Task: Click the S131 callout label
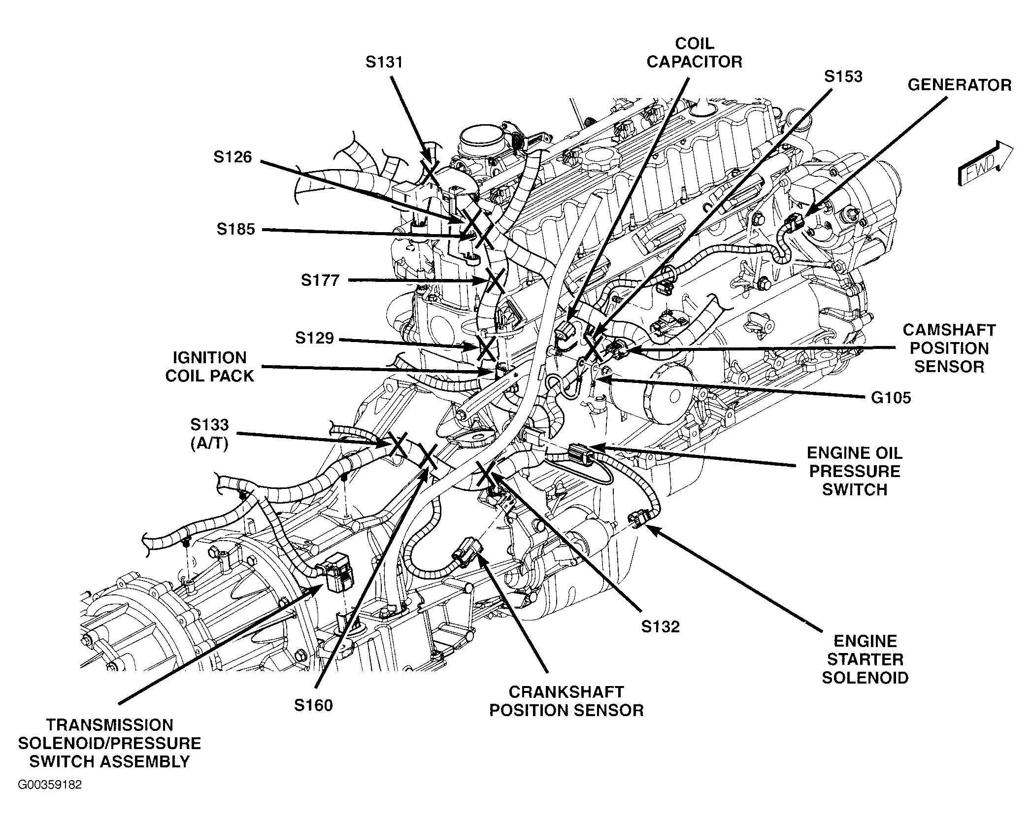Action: (384, 62)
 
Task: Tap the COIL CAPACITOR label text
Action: (694, 53)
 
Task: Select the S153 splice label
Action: (843, 76)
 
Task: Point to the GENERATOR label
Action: (959, 85)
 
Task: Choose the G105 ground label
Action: (891, 398)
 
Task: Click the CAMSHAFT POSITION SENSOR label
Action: (949, 348)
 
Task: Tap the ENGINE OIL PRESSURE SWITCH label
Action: (855, 471)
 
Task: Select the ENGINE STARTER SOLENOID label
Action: (865, 659)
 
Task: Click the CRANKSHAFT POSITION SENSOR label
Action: (566, 701)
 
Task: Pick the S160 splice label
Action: (313, 705)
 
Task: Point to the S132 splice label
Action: (660, 627)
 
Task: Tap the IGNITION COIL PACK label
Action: (209, 367)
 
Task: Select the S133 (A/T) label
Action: (209, 434)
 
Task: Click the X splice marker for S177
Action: (495, 282)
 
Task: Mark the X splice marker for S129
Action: (486, 349)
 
